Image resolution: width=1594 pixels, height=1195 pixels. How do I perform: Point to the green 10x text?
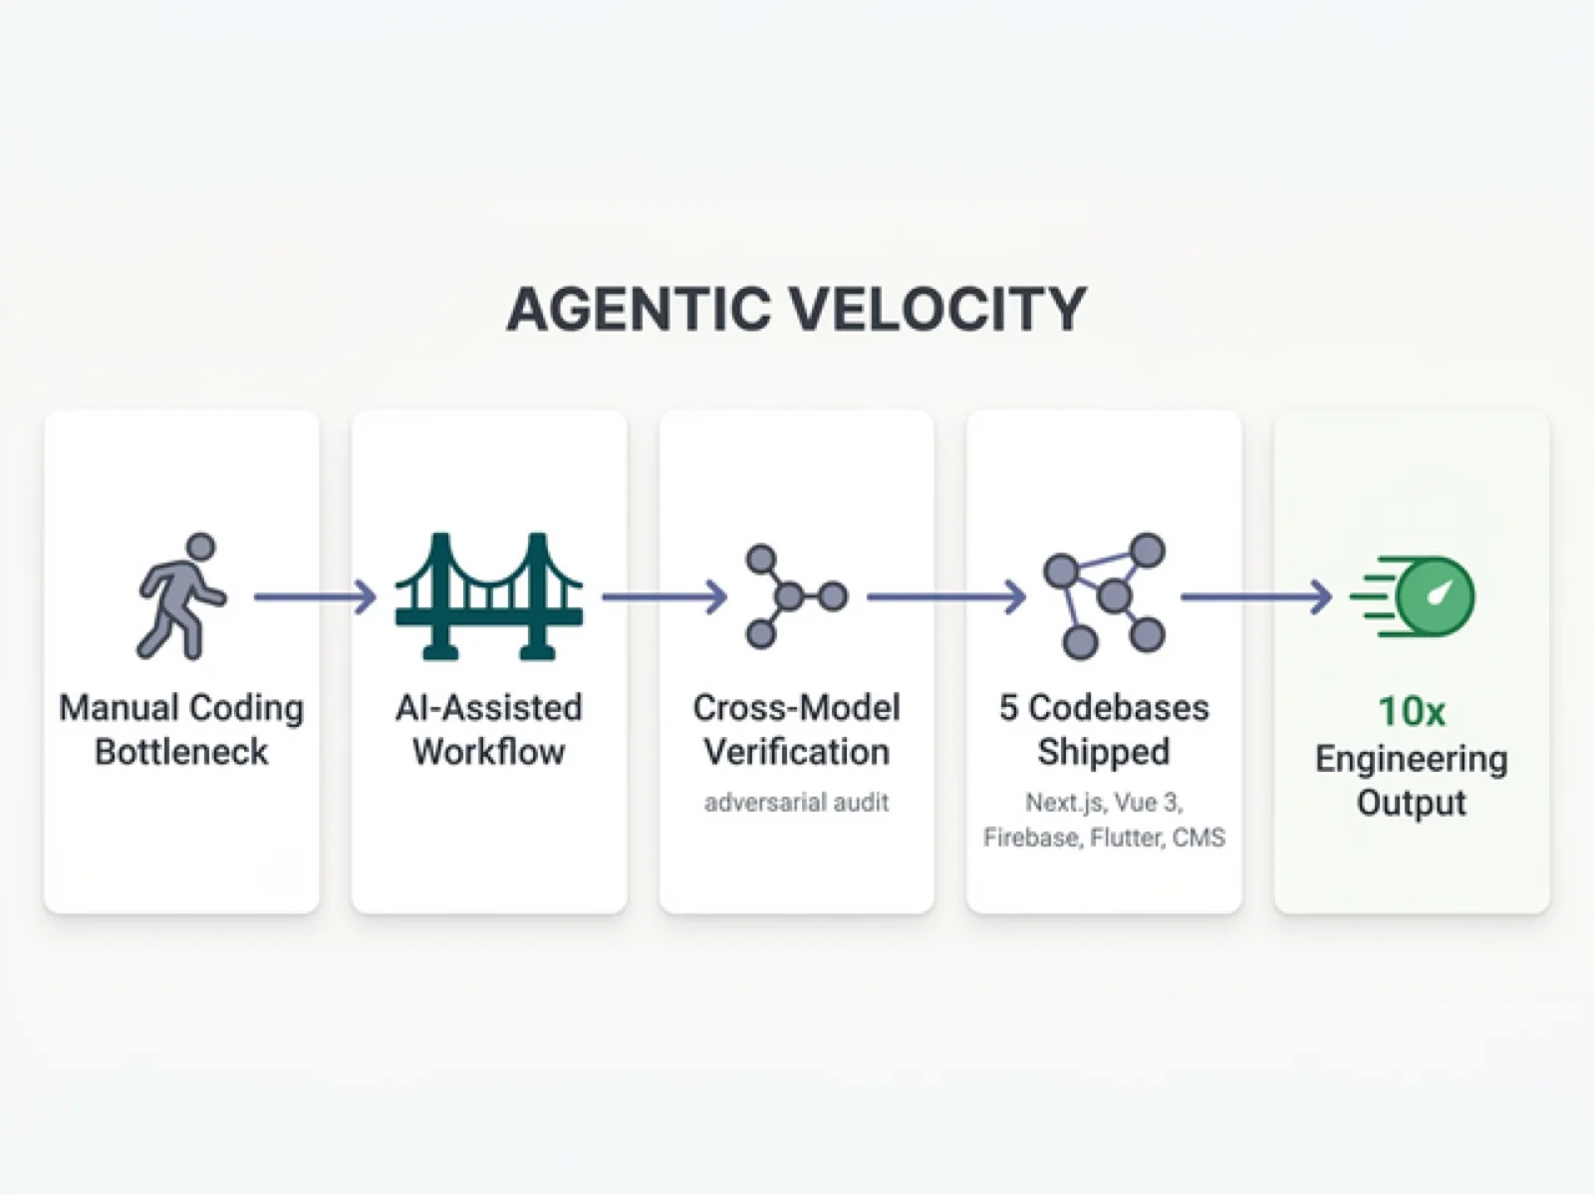(x=1411, y=712)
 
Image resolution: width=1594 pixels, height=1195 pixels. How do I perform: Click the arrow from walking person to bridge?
(x=315, y=597)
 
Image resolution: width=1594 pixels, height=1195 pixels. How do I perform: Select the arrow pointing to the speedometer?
(x=1255, y=597)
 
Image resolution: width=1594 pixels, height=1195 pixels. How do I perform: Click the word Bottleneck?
(x=181, y=752)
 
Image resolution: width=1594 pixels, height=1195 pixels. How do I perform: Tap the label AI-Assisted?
(x=488, y=708)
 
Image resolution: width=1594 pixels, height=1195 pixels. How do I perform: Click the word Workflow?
(x=488, y=752)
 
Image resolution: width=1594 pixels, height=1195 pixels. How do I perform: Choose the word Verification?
(x=796, y=752)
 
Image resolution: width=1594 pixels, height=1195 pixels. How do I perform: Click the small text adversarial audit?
(x=796, y=803)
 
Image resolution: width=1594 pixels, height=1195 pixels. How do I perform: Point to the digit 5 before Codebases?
(x=1008, y=708)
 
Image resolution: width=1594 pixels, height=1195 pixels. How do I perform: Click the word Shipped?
(x=1103, y=752)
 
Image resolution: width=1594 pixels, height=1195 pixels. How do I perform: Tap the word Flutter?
(x=1126, y=837)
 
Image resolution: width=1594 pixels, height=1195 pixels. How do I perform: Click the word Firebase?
(x=1031, y=837)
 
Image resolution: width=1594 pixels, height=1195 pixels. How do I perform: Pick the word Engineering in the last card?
(x=1411, y=759)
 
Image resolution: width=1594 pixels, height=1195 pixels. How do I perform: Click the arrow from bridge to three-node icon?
(x=664, y=597)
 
